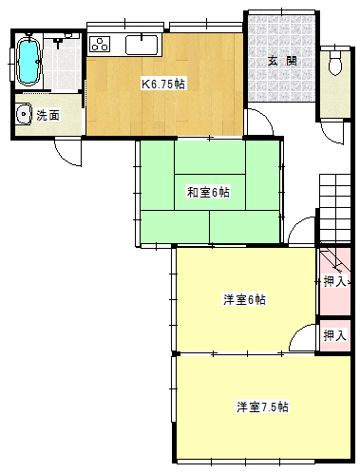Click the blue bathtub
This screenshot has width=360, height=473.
click(x=28, y=61)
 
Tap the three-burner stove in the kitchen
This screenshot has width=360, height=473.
click(x=100, y=45)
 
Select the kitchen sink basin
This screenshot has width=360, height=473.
click(x=142, y=45)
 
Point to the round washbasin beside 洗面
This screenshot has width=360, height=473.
click(x=24, y=114)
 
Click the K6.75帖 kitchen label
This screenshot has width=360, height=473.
click(x=163, y=85)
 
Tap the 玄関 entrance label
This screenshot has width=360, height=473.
click(x=282, y=61)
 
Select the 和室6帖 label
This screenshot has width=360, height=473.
click(x=208, y=192)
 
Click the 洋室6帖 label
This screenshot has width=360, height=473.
click(x=244, y=299)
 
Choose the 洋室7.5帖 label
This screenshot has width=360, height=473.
click(x=262, y=407)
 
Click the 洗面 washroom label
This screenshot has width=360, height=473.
click(x=47, y=116)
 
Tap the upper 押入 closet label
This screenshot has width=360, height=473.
click(x=335, y=281)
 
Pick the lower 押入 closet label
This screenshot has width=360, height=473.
click(x=335, y=335)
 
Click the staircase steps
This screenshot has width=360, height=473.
click(x=335, y=208)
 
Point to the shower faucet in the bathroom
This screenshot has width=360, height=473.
click(x=58, y=42)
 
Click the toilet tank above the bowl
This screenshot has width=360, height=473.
click(x=335, y=54)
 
